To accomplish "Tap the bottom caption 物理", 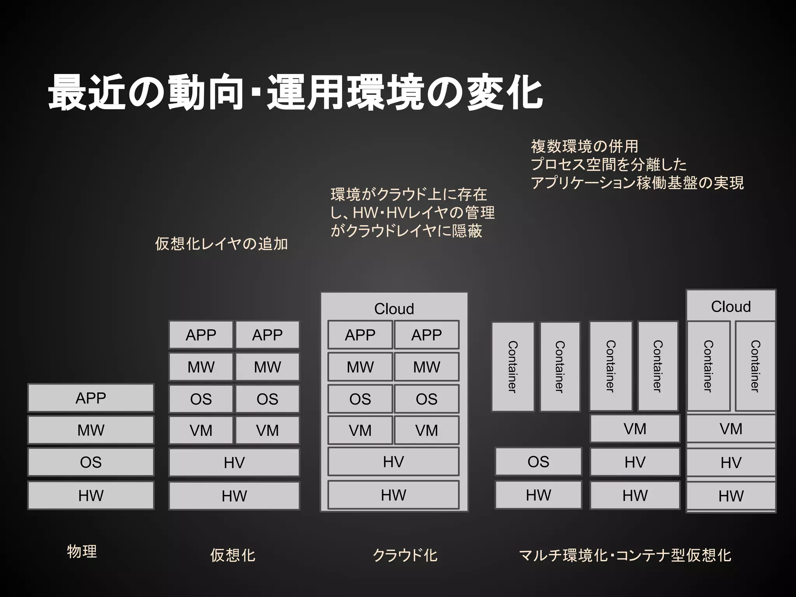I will point(82,551).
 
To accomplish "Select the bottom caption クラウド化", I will point(405,555).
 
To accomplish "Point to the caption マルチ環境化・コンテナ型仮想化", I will point(625,555).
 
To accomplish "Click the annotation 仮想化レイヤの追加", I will point(222,244).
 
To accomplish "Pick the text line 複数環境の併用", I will point(585,147).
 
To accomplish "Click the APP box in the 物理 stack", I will point(91,398).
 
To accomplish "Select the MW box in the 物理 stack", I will point(91,430).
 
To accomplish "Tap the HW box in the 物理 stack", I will point(91,496).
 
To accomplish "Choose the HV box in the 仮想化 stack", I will point(234,463).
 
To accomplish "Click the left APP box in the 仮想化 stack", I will point(201,335).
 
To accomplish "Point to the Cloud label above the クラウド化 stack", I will point(394,309).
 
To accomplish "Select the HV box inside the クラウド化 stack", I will point(393,462).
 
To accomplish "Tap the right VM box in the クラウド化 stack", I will point(426,430).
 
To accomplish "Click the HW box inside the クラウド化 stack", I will point(393,495).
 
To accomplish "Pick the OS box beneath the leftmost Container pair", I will point(538,462).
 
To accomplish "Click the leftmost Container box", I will point(513,367).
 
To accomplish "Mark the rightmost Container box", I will point(755,366).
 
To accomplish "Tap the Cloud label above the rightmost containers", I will point(731,306).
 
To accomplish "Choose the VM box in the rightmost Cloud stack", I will point(731,429).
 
